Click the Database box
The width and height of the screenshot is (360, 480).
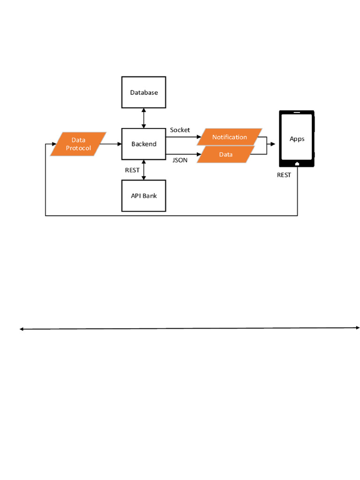(x=143, y=92)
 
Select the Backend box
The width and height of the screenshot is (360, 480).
(x=143, y=144)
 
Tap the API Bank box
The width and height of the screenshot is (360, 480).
(x=143, y=195)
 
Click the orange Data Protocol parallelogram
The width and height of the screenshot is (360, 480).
(x=78, y=144)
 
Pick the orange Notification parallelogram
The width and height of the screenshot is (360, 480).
(x=229, y=137)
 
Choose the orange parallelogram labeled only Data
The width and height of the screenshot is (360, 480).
(x=225, y=155)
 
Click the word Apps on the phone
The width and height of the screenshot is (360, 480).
(x=297, y=139)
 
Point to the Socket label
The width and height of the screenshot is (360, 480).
(x=180, y=130)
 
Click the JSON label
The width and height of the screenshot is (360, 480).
(x=180, y=160)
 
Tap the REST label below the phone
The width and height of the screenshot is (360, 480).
(x=284, y=175)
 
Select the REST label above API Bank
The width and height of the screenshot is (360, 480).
(x=132, y=170)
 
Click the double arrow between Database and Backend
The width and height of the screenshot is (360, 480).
(x=144, y=118)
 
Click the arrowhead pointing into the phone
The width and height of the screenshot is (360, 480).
(x=273, y=144)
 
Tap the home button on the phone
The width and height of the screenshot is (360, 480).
(x=297, y=164)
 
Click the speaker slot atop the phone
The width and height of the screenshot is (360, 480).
(x=296, y=113)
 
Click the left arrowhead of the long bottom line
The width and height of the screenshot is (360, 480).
(x=22, y=329)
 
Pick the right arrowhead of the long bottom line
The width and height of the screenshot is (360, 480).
(x=357, y=328)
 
